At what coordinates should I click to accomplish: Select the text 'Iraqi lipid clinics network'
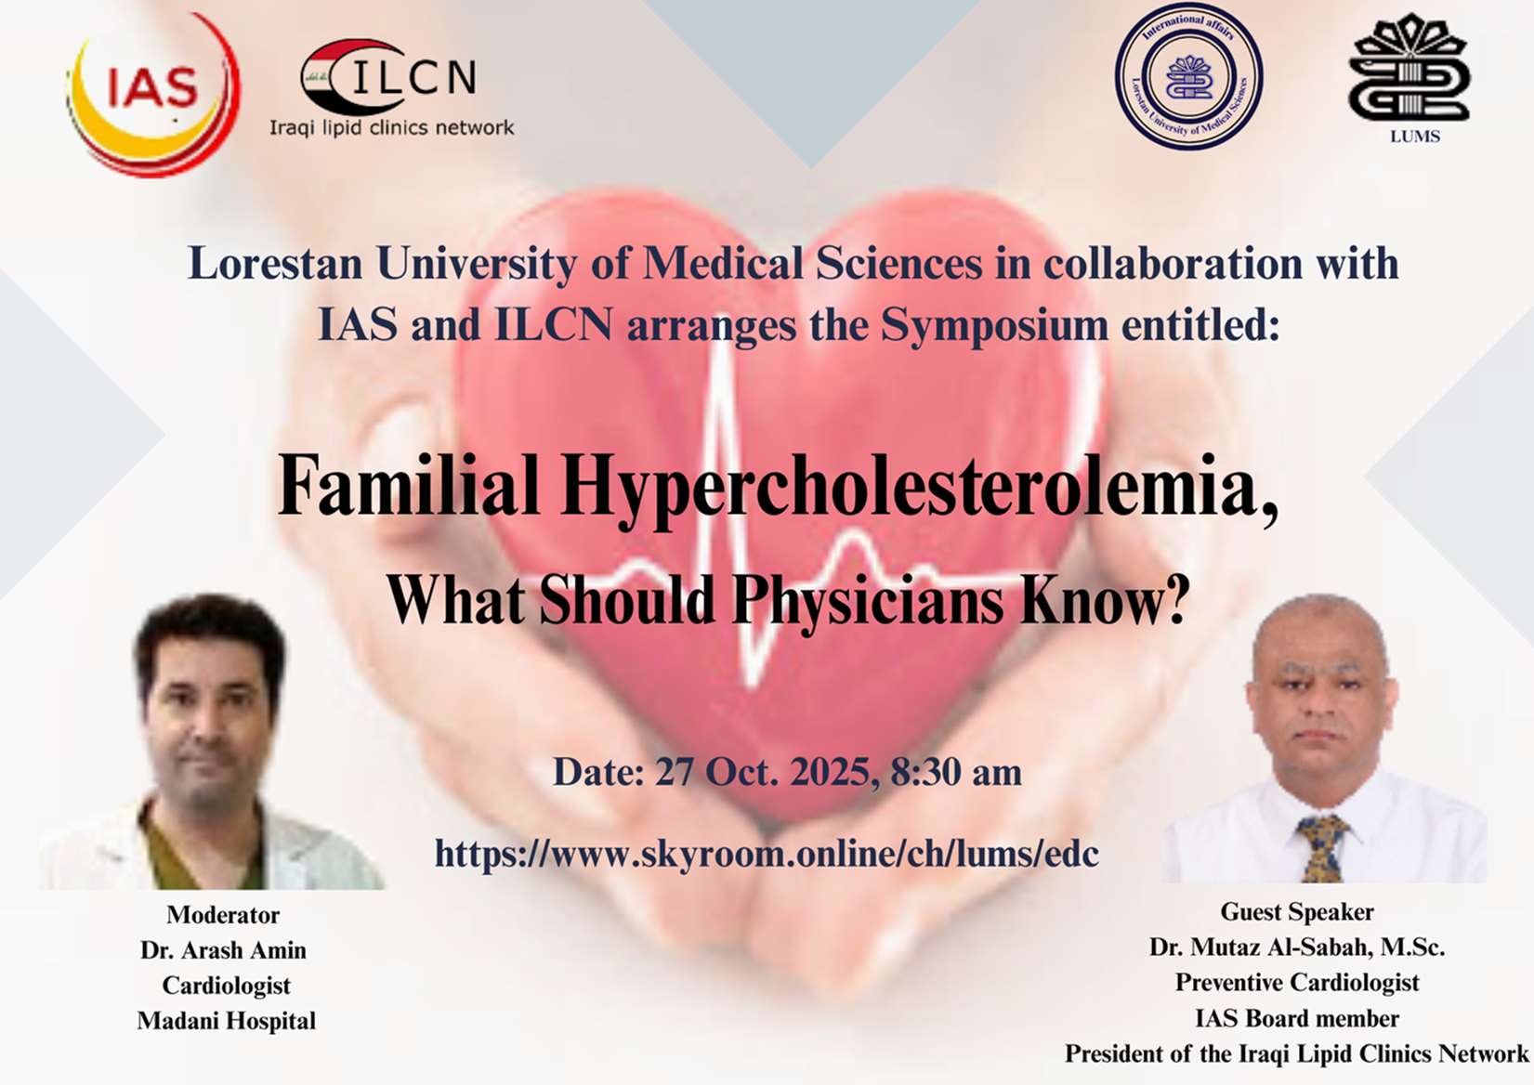coord(391,128)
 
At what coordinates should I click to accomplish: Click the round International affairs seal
coord(1189,76)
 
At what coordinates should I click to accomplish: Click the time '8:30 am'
coord(956,772)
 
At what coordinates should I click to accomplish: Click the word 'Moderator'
coord(223,915)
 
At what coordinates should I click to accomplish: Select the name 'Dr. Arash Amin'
coord(223,950)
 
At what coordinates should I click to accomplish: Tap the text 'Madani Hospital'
coord(226,1021)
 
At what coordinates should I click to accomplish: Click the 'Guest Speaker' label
coord(1297,912)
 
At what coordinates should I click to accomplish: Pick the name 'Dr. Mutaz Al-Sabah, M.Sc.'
coord(1297,947)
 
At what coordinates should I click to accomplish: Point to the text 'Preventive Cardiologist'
coord(1297,982)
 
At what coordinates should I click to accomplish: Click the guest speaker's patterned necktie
coord(1322,848)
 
